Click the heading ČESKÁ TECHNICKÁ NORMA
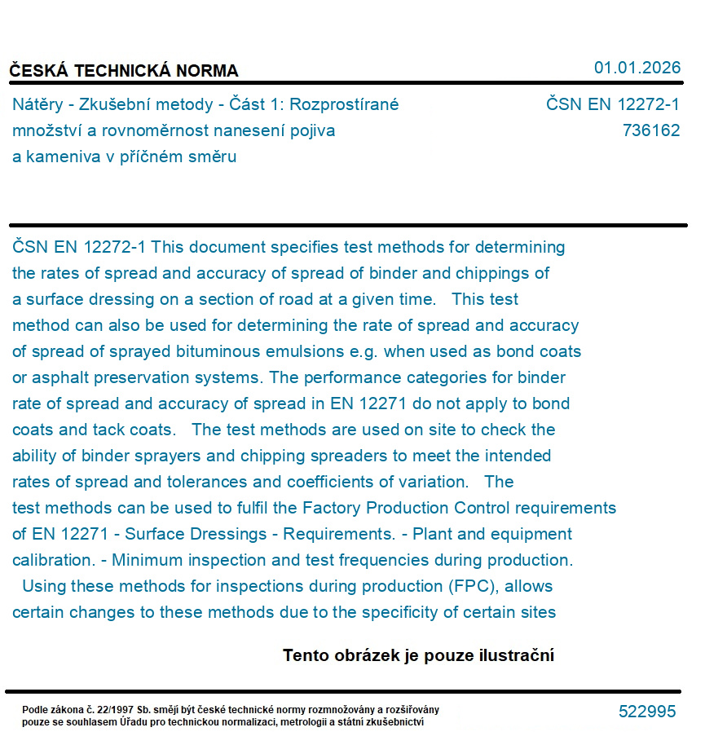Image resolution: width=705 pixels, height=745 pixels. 124,71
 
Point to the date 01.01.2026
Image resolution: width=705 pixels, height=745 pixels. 637,68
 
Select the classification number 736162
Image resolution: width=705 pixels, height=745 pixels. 651,130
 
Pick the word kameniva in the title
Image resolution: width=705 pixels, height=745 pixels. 59,156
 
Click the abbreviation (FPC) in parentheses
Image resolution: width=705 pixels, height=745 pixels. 471,586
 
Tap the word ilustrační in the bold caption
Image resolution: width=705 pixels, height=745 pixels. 518,655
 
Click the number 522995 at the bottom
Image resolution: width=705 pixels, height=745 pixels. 647,712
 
